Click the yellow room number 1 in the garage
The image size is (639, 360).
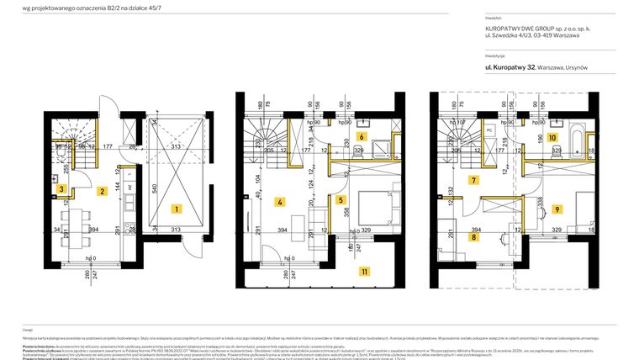tap(176, 207)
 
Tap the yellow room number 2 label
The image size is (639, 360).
tap(101, 192)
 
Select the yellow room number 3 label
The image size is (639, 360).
tap(61, 190)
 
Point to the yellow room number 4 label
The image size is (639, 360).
tap(279, 201)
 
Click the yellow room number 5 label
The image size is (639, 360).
tap(341, 200)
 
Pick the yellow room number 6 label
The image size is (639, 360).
tap(362, 136)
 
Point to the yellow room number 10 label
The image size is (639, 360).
tap(552, 136)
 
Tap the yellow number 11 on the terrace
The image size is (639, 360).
tap(363, 271)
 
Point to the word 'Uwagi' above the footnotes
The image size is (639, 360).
tap(28, 331)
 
